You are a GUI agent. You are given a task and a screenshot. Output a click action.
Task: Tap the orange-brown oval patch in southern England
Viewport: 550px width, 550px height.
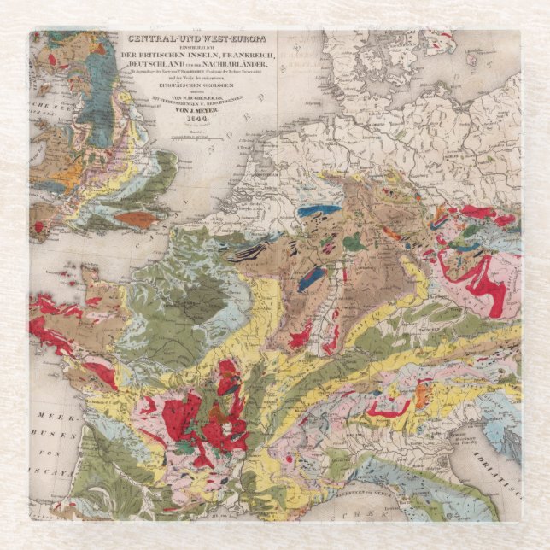pos(136,219)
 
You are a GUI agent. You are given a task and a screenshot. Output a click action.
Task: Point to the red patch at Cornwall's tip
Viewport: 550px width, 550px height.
pos(38,228)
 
